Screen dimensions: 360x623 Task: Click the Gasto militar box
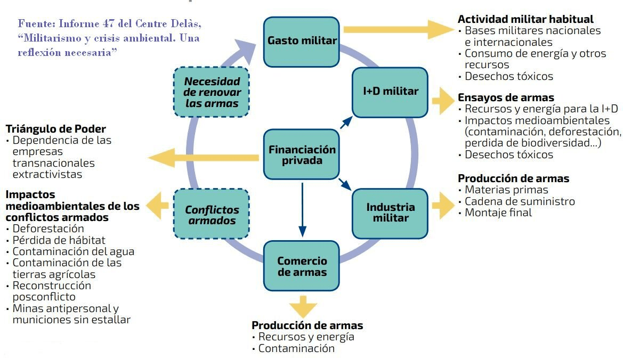click(x=302, y=42)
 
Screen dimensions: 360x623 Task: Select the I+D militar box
click(x=390, y=92)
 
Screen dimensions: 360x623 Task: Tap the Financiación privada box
click(x=302, y=154)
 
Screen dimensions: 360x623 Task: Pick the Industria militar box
click(x=390, y=212)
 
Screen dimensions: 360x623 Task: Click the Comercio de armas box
click(x=302, y=266)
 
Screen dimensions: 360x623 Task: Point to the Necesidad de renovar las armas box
click(x=211, y=92)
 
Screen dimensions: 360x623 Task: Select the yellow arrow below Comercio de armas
click(x=302, y=306)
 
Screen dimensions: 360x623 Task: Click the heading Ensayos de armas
click(x=506, y=97)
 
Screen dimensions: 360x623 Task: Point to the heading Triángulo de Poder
click(x=56, y=129)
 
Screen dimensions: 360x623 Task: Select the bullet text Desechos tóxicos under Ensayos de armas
click(x=509, y=154)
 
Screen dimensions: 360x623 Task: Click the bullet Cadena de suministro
click(x=520, y=201)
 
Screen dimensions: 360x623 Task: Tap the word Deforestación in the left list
click(x=48, y=228)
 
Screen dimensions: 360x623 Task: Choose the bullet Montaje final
click(x=498, y=212)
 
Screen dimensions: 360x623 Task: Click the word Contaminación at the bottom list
click(x=296, y=348)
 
